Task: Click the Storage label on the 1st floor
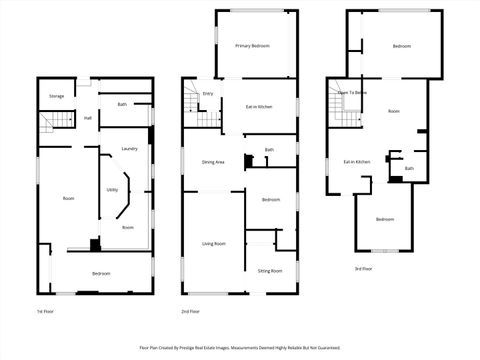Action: coord(57,96)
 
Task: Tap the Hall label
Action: coord(88,119)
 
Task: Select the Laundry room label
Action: coord(129,149)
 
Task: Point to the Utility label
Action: coord(112,189)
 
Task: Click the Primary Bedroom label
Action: coord(253,46)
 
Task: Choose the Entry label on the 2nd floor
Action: coord(208,94)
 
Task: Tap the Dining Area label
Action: coord(213,162)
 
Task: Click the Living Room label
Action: coord(213,243)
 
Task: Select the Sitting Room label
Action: coord(270,271)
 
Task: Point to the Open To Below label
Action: coord(351,92)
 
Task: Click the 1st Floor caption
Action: coord(45,311)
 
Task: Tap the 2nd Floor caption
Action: coord(190,311)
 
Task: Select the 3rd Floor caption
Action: coord(364,269)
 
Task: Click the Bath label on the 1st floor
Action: coord(122,104)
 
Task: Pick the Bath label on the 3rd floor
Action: coord(409,168)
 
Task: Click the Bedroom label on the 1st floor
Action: coord(101,273)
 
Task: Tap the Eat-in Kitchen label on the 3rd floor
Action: coord(357,161)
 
